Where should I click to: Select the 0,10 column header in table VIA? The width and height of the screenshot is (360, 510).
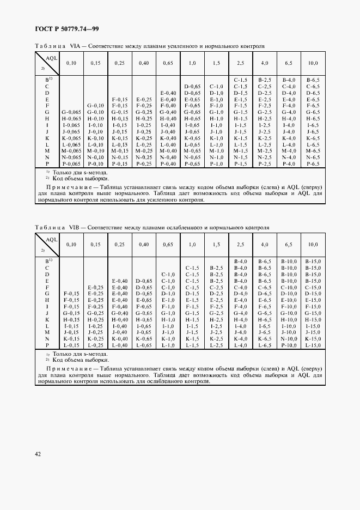coord(71,64)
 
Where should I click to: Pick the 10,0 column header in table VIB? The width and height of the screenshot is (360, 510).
coord(313,245)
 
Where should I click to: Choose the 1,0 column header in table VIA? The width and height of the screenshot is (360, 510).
coord(192,64)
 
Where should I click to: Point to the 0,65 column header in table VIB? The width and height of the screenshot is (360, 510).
coord(168,245)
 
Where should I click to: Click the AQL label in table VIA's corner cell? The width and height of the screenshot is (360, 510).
coord(52,57)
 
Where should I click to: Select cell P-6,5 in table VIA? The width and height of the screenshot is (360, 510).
coord(313,164)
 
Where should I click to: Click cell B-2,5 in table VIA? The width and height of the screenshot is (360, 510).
coord(264,80)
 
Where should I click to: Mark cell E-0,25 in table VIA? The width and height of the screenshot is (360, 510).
coord(144,99)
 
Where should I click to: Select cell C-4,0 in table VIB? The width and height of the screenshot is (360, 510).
coord(240,287)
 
